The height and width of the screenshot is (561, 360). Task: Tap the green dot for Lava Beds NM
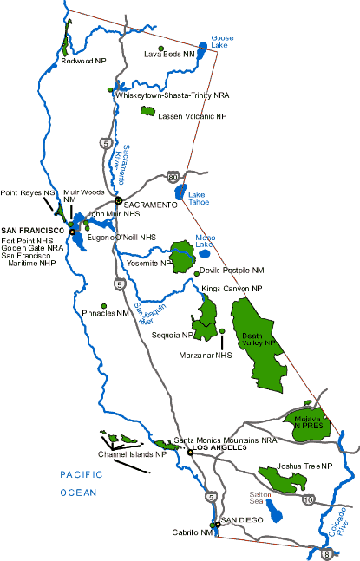[x=161, y=48]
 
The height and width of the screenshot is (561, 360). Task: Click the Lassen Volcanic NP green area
[x=148, y=112]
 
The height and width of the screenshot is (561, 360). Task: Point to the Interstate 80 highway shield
[x=176, y=176]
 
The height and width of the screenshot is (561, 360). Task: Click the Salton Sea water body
[x=276, y=513]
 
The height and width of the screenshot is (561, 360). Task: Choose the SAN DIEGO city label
[x=242, y=519]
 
